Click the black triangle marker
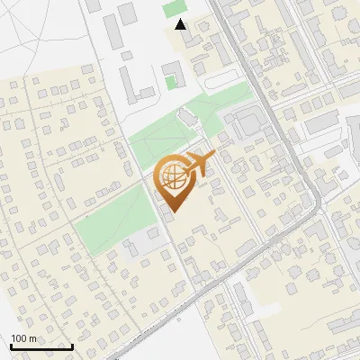pyautogui.click(x=182, y=24)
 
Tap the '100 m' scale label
pyautogui.click(x=24, y=338)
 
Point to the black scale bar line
pyautogui.click(x=41, y=346)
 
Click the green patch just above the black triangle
pyautogui.click(x=172, y=8)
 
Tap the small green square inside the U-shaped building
pyautogui.click(x=171, y=83)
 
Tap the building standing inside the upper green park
pyautogui.click(x=186, y=118)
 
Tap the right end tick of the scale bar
pyautogui.click(x=72, y=346)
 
